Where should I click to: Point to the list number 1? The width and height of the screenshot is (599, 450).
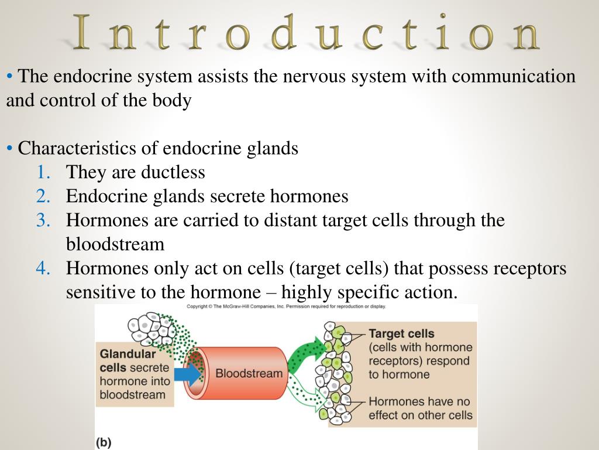43,172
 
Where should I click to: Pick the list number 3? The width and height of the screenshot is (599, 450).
43,220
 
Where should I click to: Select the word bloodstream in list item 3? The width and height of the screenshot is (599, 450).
115,244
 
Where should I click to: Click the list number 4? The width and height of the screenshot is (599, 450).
43,268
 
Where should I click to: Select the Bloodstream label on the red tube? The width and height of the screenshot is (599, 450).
249,373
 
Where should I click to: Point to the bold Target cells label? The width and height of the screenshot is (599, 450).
401,334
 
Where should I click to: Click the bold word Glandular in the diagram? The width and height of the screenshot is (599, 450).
128,354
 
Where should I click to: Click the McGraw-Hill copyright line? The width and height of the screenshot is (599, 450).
286,306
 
